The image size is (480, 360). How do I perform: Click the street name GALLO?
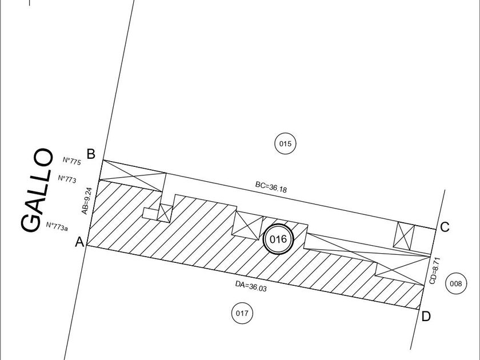[37, 190]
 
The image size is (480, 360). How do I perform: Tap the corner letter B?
[91, 154]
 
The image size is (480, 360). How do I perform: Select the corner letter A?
[79, 242]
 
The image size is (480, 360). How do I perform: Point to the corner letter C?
[445, 227]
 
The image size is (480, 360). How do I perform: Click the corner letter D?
[426, 317]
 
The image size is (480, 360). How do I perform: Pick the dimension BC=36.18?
[271, 187]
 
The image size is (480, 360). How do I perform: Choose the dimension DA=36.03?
[251, 286]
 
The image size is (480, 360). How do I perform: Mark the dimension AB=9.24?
[87, 201]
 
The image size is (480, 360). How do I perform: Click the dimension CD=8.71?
[435, 271]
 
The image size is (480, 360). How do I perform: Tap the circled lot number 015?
[285, 143]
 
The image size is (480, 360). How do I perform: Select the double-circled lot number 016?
[278, 239]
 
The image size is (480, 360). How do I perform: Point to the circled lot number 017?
[242, 313]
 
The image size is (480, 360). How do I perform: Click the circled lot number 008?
[456, 283]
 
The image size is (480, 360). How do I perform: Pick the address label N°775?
[72, 161]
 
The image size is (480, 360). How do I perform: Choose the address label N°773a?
[57, 226]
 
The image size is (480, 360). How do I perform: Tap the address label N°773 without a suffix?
[67, 179]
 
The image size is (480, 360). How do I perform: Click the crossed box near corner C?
[404, 235]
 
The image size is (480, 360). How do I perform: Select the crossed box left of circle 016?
[247, 225]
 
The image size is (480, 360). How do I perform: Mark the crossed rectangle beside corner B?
[133, 176]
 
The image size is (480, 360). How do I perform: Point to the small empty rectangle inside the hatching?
[150, 214]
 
